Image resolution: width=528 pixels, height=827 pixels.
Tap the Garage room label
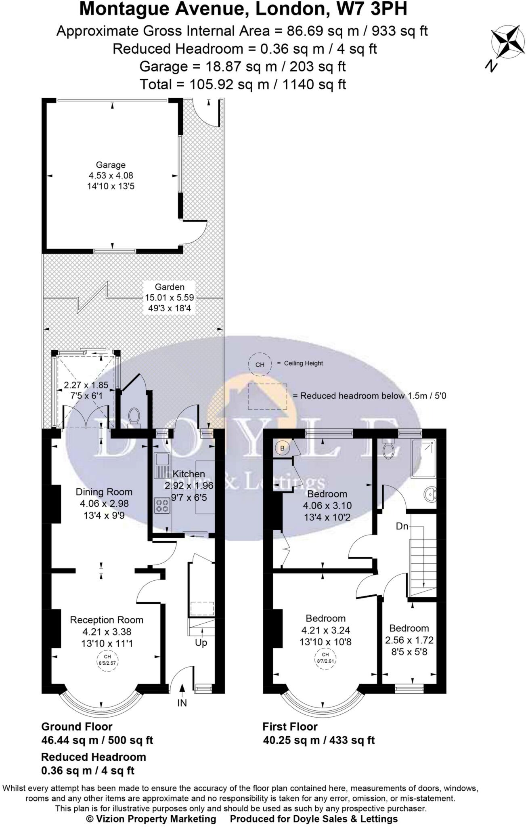point(111,165)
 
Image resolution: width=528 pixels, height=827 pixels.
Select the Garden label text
point(170,287)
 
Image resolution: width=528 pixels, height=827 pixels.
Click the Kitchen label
point(189,474)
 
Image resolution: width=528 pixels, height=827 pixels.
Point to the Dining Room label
point(104,492)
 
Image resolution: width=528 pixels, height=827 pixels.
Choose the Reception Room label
point(107,620)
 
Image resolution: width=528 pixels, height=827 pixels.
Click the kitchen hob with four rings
point(161,506)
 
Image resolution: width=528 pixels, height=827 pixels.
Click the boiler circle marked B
point(283,448)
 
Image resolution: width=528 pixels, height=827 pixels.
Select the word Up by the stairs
point(201,642)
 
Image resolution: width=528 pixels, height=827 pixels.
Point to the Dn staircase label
point(402,527)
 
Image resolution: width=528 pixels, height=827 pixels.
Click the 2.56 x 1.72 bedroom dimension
point(409,640)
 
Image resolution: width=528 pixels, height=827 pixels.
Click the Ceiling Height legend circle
point(260,364)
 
